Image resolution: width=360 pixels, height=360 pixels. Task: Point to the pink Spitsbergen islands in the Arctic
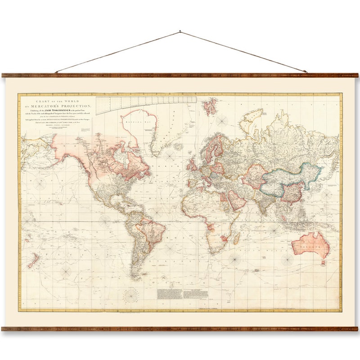click(x=209, y=106)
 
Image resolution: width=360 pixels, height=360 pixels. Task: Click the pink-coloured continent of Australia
click(x=310, y=245)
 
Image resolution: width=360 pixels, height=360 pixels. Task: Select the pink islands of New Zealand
click(x=33, y=260)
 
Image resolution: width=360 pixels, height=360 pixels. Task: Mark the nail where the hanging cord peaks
click(x=180, y=31)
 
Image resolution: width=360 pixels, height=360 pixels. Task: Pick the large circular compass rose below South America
click(x=131, y=295)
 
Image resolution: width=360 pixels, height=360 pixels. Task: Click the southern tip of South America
click(x=135, y=277)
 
